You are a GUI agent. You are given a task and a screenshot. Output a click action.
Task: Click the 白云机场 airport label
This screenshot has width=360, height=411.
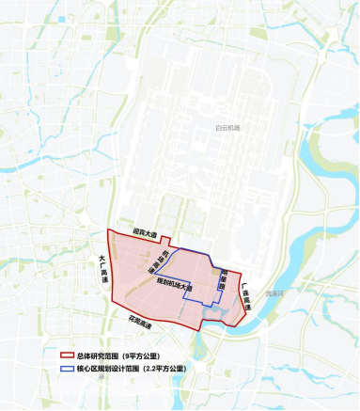click(228, 127)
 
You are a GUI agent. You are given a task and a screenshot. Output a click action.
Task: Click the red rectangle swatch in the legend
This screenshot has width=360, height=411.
click(67, 356)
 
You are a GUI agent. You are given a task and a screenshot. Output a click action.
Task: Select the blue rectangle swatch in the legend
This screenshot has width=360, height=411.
click(67, 369)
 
